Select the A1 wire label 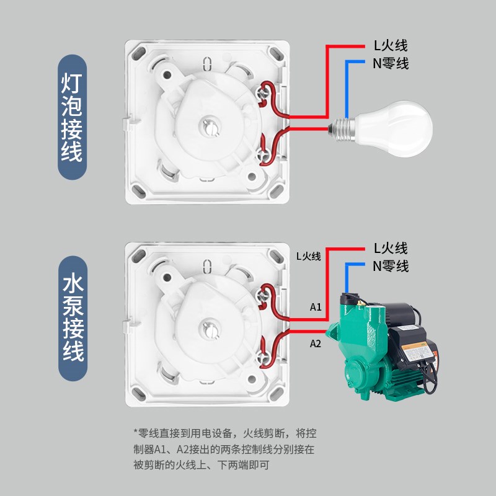pos(316,307)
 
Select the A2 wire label pos(316,342)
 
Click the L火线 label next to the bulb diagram pos(390,45)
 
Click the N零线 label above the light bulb pos(390,63)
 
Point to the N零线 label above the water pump pos(391,267)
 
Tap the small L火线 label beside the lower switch pos(308,256)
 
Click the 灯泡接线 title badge pos(72,118)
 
